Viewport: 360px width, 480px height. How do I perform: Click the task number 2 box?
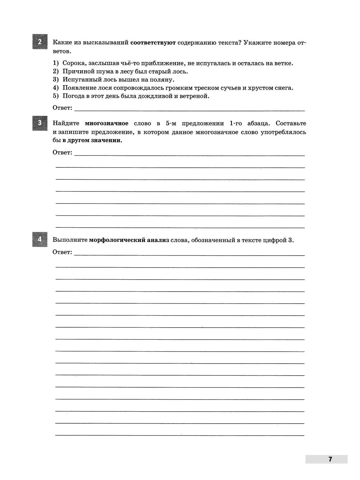tap(40, 42)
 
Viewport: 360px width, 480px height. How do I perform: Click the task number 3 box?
tap(40, 123)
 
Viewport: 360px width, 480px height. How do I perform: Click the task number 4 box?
tap(40, 239)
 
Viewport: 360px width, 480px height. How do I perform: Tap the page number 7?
tap(330, 459)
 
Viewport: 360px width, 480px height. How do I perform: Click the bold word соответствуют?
tap(153, 43)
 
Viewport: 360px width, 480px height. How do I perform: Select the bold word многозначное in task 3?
tap(106, 123)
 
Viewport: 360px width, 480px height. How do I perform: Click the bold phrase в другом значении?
tap(92, 140)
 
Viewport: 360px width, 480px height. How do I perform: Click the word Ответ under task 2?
tap(62, 108)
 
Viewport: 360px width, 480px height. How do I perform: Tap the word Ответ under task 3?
tap(62, 152)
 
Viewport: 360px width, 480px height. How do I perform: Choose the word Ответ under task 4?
tap(62, 252)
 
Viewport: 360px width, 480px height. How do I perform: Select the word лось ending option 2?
tap(181, 71)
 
